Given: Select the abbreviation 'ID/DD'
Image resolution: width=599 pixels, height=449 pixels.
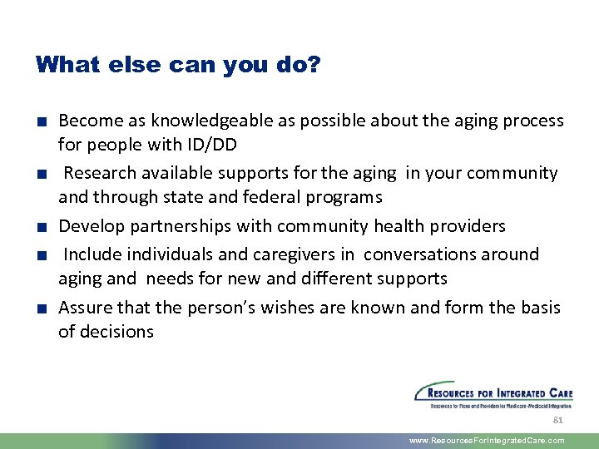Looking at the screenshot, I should tap(211, 145).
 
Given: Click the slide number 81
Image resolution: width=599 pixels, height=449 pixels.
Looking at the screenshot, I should tap(558, 420).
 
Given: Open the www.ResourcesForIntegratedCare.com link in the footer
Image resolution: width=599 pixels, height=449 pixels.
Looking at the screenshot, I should tap(487, 441).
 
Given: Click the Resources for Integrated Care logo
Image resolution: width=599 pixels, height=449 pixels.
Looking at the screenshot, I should tap(493, 395).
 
